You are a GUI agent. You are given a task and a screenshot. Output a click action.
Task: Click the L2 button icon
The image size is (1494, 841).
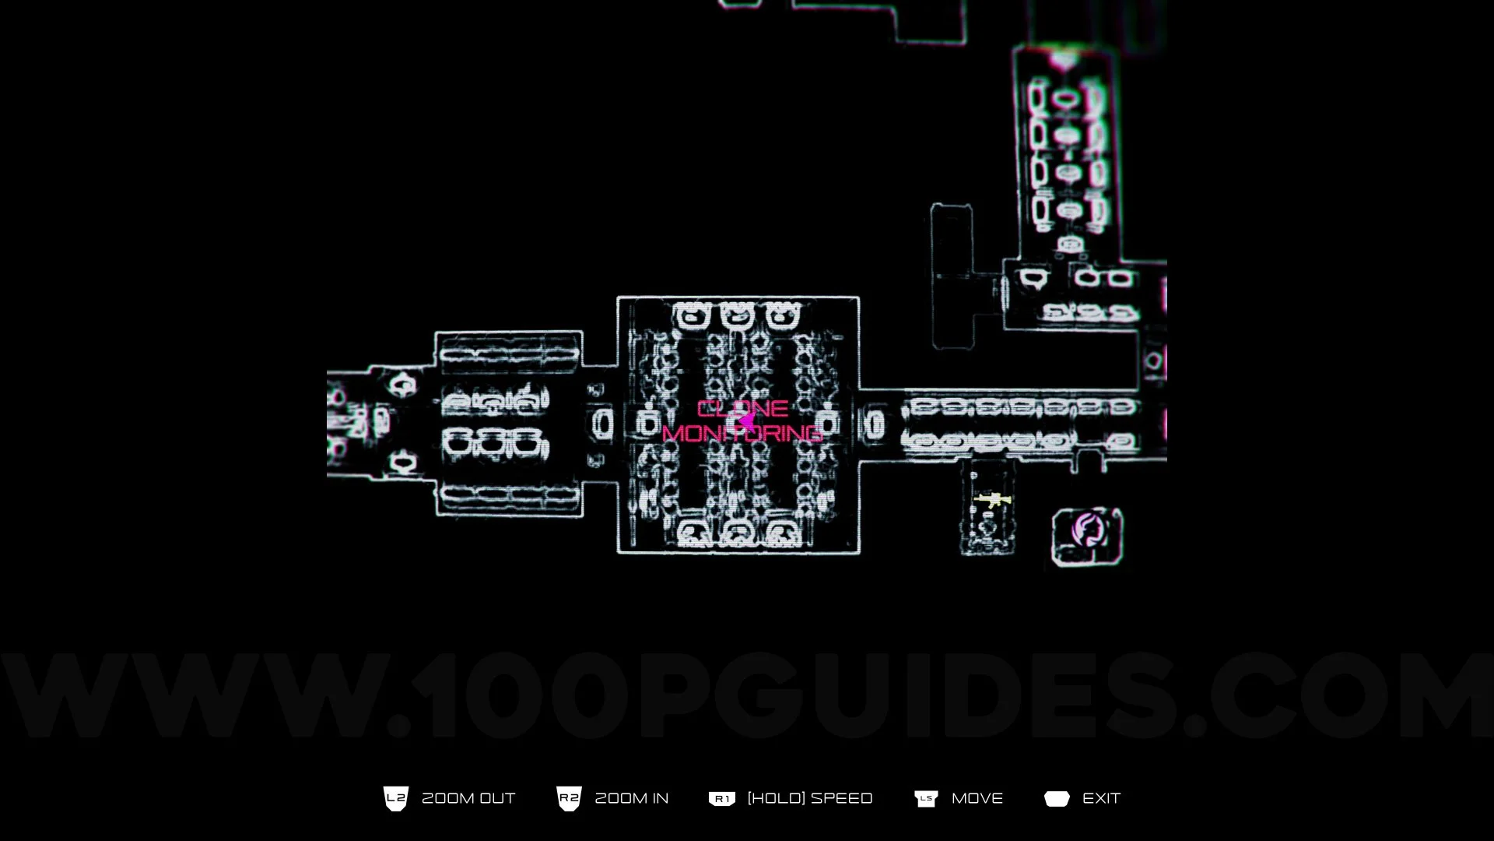click(396, 798)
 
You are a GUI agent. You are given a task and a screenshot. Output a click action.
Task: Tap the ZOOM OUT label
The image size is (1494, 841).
click(468, 798)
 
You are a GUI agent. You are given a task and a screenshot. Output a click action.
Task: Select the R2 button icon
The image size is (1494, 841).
click(569, 798)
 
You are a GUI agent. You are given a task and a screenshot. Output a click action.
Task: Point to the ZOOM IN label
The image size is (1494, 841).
click(631, 798)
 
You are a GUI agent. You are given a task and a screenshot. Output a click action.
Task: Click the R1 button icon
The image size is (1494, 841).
click(721, 799)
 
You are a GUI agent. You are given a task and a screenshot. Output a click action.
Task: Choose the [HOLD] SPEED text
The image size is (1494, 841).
click(809, 798)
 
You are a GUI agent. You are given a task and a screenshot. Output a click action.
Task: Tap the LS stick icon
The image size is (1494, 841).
click(926, 799)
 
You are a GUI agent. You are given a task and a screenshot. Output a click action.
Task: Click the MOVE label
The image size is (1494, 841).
click(977, 798)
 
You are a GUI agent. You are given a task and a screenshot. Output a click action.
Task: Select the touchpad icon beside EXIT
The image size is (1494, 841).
click(1057, 799)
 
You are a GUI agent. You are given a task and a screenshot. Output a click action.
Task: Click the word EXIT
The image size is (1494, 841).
click(1101, 798)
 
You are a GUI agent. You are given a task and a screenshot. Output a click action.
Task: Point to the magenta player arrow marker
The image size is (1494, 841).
click(746, 421)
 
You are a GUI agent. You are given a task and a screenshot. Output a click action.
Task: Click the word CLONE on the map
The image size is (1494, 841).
click(742, 409)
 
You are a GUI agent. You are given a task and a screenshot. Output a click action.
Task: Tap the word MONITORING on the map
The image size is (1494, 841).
click(742, 434)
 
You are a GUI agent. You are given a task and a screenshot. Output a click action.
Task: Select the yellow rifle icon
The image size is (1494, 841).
click(992, 500)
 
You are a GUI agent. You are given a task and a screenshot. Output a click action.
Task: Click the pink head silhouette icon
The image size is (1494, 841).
click(1087, 530)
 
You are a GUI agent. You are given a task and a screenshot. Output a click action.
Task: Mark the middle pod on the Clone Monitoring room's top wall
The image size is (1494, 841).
click(736, 316)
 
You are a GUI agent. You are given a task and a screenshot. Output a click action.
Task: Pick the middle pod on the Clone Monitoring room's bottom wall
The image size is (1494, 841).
click(736, 533)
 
